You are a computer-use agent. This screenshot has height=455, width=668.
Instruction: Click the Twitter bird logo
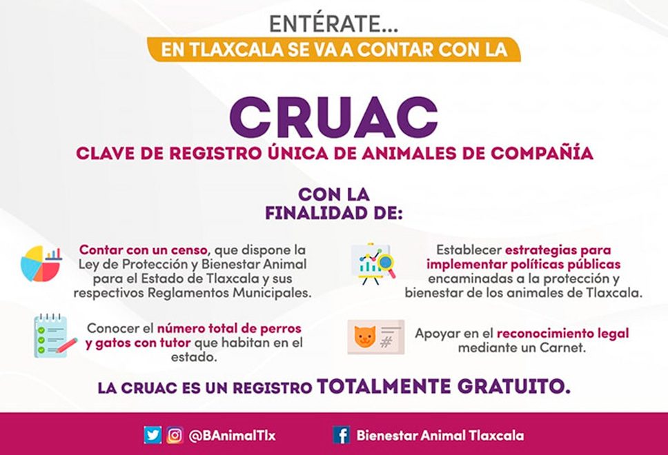[153, 435]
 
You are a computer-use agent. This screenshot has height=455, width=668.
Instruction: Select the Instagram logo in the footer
[175, 435]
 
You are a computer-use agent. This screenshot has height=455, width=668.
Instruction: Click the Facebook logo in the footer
[341, 435]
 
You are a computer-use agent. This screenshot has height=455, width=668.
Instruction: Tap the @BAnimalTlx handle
[232, 436]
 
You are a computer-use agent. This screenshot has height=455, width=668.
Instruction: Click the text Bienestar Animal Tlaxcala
[440, 436]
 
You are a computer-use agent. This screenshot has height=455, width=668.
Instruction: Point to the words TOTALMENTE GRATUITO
[444, 386]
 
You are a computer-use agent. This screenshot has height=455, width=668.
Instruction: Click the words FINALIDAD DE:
[334, 212]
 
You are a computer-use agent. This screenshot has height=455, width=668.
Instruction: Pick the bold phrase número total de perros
[230, 328]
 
